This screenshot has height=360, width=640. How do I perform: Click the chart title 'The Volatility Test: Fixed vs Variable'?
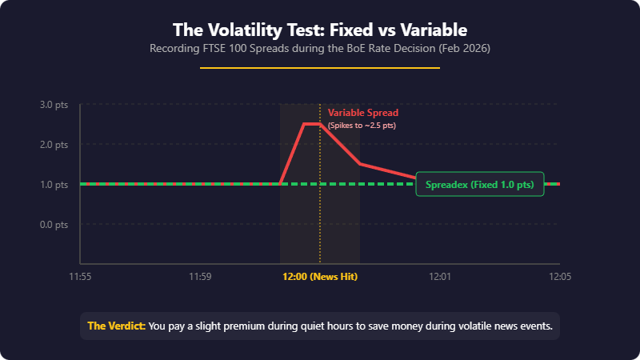320,30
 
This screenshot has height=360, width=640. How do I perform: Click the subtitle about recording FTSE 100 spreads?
320,49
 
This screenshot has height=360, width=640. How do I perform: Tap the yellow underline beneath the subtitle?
320,68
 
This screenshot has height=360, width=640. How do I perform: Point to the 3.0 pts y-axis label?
54,105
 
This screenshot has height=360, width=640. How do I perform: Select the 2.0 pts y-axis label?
54,145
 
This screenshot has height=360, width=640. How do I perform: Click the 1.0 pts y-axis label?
54,185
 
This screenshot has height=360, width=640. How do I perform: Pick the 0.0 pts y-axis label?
54,225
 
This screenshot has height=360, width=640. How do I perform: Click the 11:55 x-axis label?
80,277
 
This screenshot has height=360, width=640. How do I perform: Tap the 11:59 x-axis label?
200,277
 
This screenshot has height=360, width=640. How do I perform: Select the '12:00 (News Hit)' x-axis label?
320,277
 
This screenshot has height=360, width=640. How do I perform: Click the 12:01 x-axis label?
440,277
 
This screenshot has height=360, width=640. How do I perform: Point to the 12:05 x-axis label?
559,277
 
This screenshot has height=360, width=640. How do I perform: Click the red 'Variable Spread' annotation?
362,113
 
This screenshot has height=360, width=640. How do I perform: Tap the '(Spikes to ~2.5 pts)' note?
362,126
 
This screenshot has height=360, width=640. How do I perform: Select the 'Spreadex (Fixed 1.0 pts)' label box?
480,184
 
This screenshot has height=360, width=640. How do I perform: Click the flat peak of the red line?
312,124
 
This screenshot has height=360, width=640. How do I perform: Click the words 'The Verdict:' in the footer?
116,326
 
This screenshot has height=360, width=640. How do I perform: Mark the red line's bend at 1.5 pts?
360,164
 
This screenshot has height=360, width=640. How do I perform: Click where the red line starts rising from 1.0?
280,183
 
